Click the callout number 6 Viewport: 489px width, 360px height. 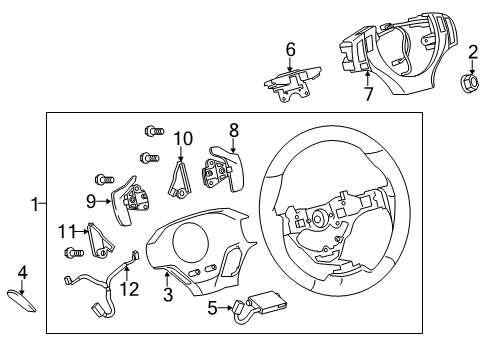[291, 50]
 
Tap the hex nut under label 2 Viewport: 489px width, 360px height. [470, 83]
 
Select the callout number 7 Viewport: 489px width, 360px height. [368, 94]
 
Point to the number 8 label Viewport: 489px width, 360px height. [234, 130]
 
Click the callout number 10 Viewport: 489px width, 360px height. [183, 138]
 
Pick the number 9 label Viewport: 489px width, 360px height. [91, 201]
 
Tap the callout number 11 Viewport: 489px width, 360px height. [67, 231]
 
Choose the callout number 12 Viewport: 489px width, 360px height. [129, 289]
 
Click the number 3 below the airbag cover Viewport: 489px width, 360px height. [168, 294]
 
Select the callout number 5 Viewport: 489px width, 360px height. [212, 308]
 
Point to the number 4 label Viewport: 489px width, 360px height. [22, 273]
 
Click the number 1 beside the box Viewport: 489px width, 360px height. [35, 204]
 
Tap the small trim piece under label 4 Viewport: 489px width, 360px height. [21, 301]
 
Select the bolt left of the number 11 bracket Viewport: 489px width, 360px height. [74, 253]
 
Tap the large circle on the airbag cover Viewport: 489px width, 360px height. [191, 241]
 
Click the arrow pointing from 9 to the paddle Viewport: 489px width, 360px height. [104, 201]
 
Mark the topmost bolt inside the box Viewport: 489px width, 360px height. [154, 130]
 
